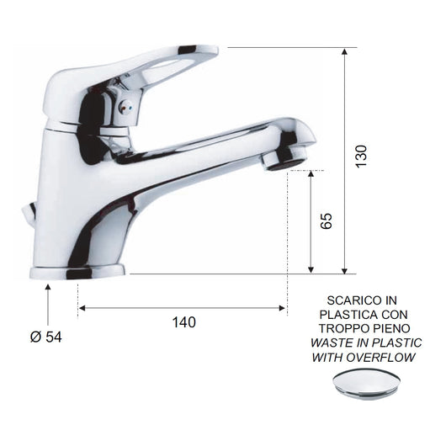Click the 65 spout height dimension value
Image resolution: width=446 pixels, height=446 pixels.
(x=327, y=220)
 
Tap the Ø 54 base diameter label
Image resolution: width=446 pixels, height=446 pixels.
(x=46, y=337)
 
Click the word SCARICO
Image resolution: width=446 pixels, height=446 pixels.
(x=350, y=300)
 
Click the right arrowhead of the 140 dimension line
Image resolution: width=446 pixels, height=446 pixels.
(x=284, y=308)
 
